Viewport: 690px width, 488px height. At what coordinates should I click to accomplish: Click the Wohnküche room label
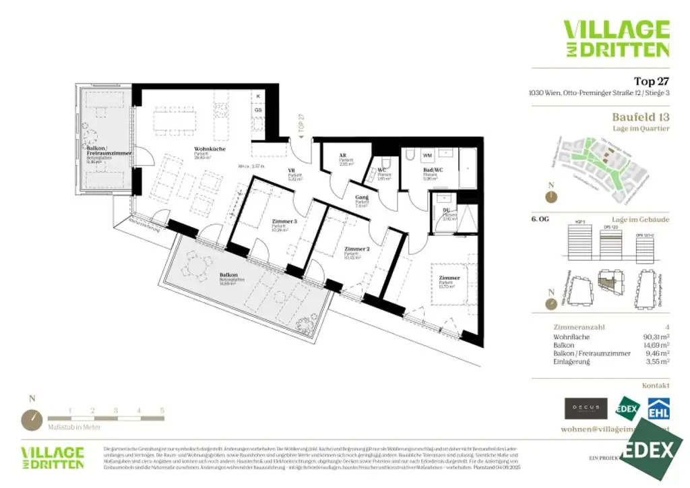click(210, 148)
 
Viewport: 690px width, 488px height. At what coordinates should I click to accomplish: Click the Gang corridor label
click(362, 197)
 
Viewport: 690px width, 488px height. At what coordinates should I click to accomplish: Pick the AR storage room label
click(343, 155)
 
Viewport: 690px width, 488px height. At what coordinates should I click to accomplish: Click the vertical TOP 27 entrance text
click(301, 122)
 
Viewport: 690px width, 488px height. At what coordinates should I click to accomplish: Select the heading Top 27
click(652, 82)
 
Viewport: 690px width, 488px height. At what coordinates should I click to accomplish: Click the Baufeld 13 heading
click(640, 117)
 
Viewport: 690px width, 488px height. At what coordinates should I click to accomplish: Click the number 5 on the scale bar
click(162, 410)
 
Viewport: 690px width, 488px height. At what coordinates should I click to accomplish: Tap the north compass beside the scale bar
click(32, 419)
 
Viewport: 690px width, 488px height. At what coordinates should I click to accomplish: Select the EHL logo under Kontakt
click(658, 408)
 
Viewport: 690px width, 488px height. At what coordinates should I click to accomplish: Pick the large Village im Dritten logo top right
click(616, 38)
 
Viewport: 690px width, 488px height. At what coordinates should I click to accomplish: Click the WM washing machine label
click(427, 155)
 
